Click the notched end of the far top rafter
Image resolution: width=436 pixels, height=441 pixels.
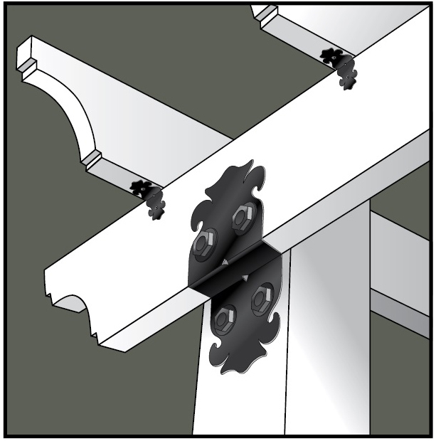265,14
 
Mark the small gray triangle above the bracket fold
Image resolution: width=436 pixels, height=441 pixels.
225,264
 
